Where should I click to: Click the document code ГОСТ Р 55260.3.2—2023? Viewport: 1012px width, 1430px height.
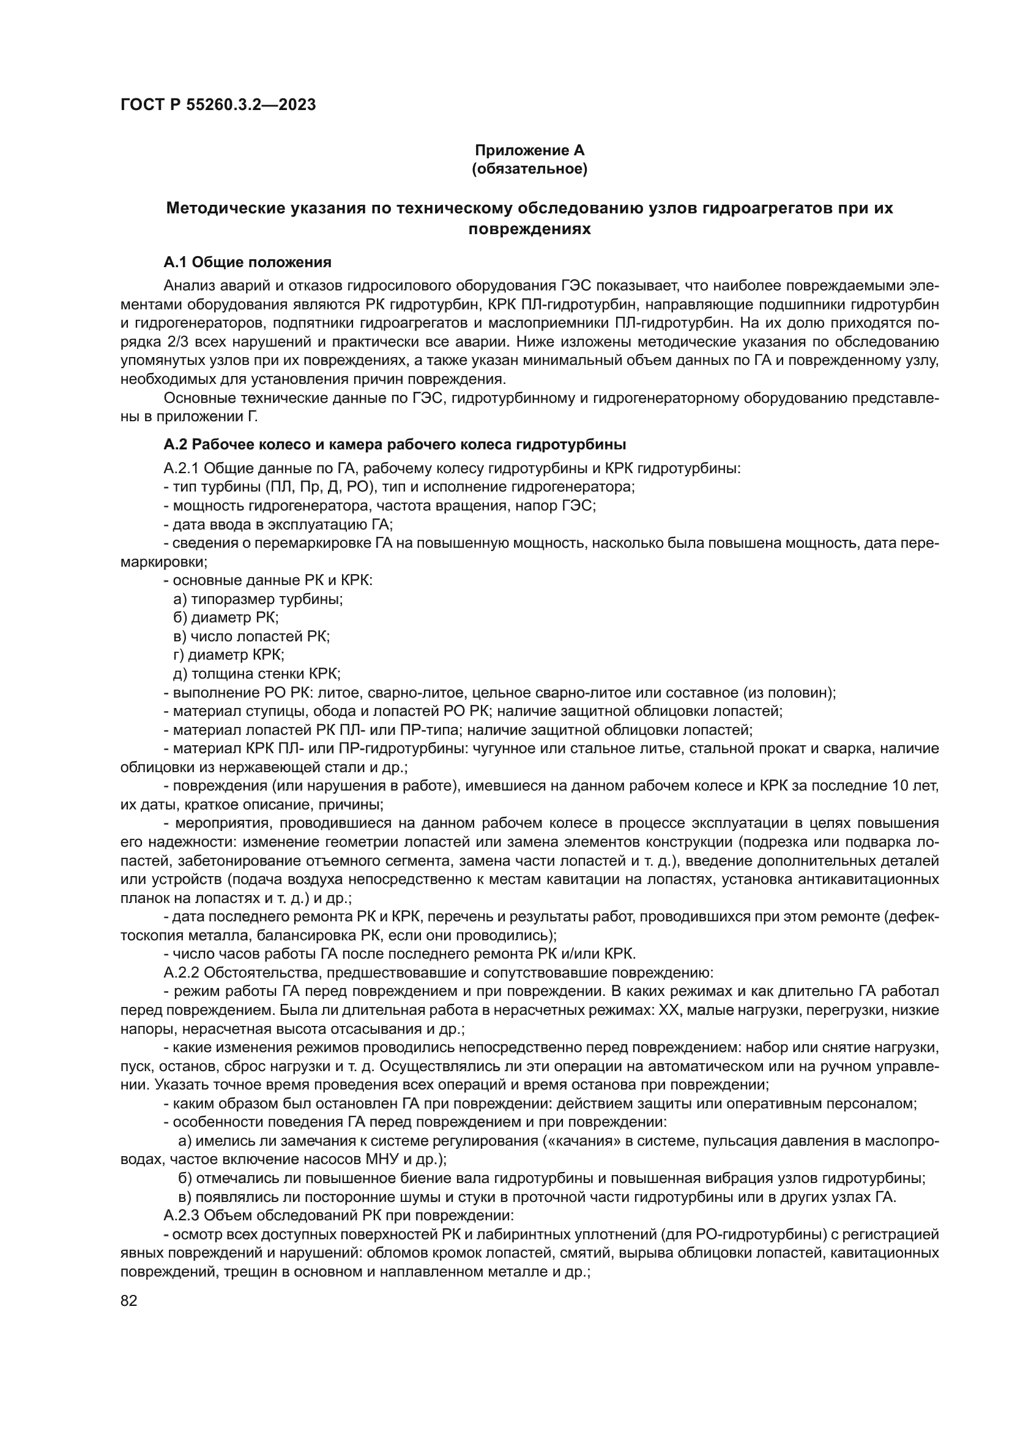(x=217, y=105)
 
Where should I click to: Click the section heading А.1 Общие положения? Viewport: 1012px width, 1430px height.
(x=247, y=262)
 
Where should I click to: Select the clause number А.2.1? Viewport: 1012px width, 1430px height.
(x=181, y=468)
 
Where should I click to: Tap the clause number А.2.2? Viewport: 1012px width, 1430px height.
(x=181, y=972)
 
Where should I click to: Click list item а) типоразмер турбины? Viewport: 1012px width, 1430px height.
(x=258, y=599)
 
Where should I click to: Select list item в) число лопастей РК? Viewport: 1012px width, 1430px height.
(x=251, y=636)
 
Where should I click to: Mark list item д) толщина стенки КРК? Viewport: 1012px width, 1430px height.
(x=256, y=673)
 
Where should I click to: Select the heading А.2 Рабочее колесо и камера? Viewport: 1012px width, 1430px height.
(x=395, y=444)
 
